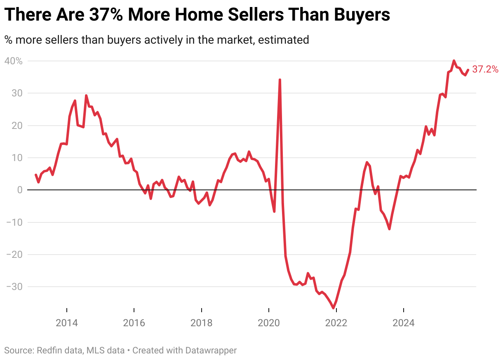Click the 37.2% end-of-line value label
click(485, 69)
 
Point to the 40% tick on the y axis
click(14, 61)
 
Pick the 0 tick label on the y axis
click(19, 190)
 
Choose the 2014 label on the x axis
click(67, 323)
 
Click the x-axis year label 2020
click(269, 323)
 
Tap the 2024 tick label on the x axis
click(403, 323)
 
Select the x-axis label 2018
click(201, 323)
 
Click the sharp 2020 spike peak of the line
click(280, 79)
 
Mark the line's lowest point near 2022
click(334, 308)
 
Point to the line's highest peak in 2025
click(454, 61)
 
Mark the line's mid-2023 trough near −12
click(389, 229)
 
